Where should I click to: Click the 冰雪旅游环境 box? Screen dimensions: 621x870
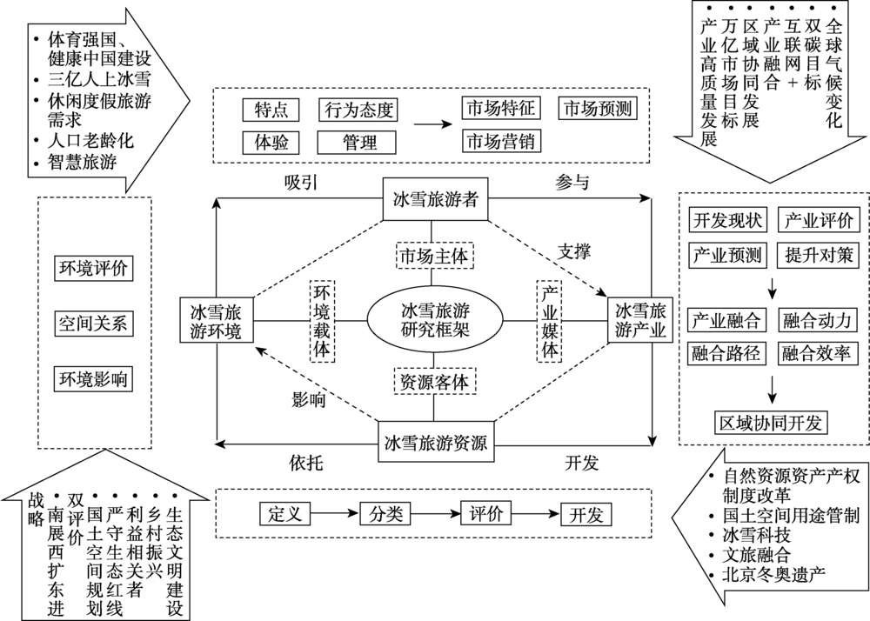click(216, 320)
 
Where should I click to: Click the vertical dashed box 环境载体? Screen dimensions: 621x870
click(322, 319)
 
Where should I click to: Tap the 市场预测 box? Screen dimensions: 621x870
click(597, 110)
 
